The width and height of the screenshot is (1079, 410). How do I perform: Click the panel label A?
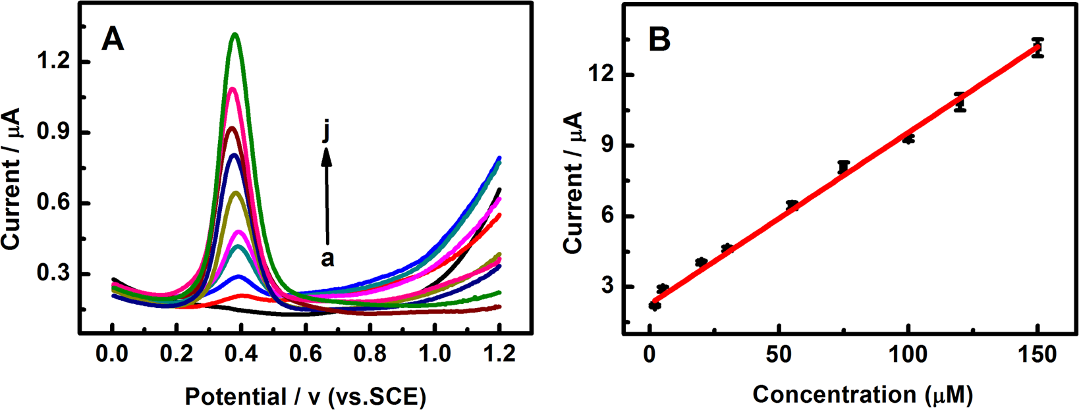tap(113, 41)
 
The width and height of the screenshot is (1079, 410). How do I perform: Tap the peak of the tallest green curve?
tap(235, 34)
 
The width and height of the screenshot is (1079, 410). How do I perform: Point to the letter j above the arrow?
tap(326, 132)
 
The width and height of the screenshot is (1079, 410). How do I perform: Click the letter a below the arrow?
tap(327, 259)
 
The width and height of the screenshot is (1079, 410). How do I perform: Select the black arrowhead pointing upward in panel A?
tap(327, 155)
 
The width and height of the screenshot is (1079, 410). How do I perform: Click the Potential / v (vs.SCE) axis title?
tap(306, 396)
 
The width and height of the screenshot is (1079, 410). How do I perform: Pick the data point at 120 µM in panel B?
tap(960, 102)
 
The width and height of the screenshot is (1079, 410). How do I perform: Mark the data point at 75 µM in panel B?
tap(844, 167)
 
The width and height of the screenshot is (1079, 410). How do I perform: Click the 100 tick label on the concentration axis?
tap(908, 354)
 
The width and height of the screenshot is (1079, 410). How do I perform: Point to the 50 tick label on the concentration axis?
tap(779, 354)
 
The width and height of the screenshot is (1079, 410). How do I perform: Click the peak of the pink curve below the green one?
tap(232, 88)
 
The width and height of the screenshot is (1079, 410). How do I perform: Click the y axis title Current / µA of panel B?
tap(573, 182)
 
